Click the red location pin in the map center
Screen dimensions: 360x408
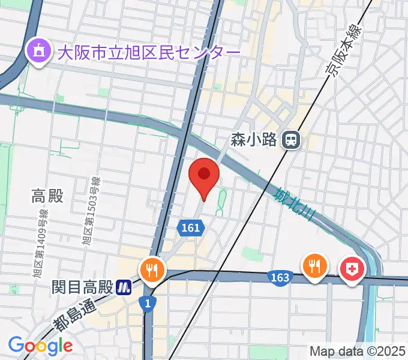pyautogui.click(x=203, y=176)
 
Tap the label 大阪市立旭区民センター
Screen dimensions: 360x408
pyautogui.click(x=149, y=52)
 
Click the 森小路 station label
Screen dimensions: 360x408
pyautogui.click(x=253, y=140)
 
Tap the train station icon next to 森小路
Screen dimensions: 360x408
pyautogui.click(x=292, y=140)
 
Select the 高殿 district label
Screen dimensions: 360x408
pyautogui.click(x=47, y=196)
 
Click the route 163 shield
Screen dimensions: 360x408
pyautogui.click(x=280, y=277)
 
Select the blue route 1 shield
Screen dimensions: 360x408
pyautogui.click(x=148, y=304)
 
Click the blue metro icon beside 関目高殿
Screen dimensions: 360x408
pyautogui.click(x=124, y=287)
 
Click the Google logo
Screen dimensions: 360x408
pyautogui.click(x=40, y=346)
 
